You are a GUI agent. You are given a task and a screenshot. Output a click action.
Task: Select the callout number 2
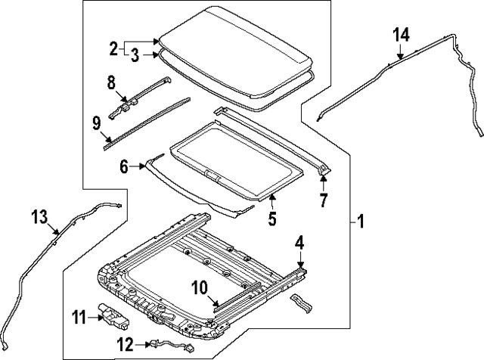click(113, 49)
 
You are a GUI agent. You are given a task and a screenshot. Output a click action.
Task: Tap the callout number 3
click(134, 54)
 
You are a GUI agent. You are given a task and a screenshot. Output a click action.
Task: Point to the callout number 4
click(299, 244)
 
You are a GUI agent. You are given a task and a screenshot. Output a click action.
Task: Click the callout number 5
click(271, 220)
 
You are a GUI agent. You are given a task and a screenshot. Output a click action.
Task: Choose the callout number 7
click(323, 200)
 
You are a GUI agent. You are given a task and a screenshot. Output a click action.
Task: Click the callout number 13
click(40, 219)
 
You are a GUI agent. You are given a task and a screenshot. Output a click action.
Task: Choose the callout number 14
click(401, 34)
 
